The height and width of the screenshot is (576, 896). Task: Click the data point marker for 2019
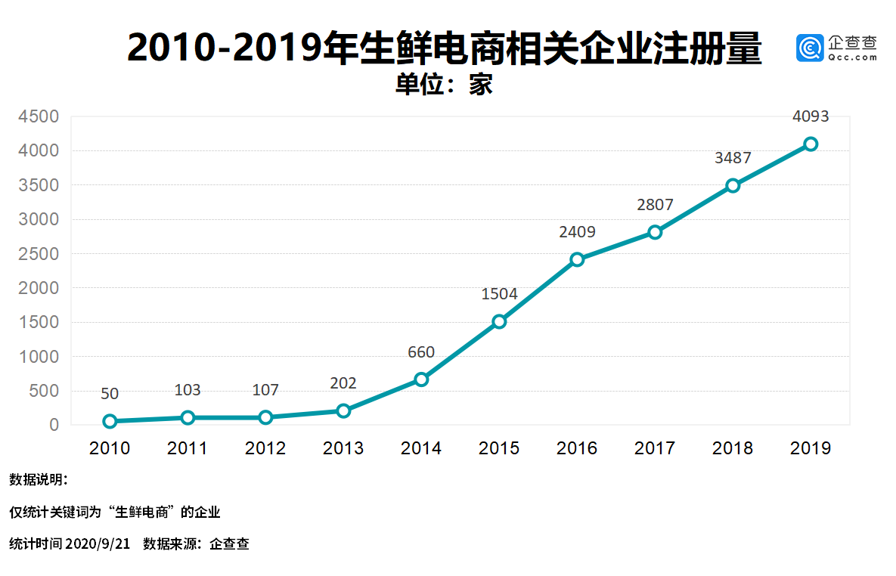click(811, 144)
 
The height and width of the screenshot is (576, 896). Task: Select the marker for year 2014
click(421, 379)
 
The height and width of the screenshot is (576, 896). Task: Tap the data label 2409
click(577, 232)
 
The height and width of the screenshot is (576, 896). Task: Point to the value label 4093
click(811, 116)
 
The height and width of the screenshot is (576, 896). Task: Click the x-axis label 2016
click(577, 448)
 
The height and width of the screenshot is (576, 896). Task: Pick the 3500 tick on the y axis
click(39, 185)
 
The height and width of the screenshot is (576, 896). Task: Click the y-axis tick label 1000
click(39, 357)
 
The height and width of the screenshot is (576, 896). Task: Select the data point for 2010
click(110, 421)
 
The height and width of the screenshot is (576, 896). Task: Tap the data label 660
click(421, 352)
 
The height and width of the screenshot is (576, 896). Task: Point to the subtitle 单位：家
click(444, 85)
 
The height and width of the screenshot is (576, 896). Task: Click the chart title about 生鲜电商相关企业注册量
click(444, 48)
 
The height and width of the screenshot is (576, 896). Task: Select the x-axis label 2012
click(265, 448)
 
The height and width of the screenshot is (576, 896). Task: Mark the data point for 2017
click(655, 232)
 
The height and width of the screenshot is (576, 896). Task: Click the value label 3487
click(733, 158)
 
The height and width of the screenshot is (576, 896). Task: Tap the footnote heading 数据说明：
click(39, 479)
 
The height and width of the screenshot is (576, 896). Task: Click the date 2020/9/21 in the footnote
click(98, 543)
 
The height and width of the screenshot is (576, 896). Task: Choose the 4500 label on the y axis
click(39, 116)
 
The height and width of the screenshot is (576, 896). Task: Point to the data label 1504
click(499, 294)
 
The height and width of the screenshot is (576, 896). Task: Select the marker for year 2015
click(499, 321)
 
